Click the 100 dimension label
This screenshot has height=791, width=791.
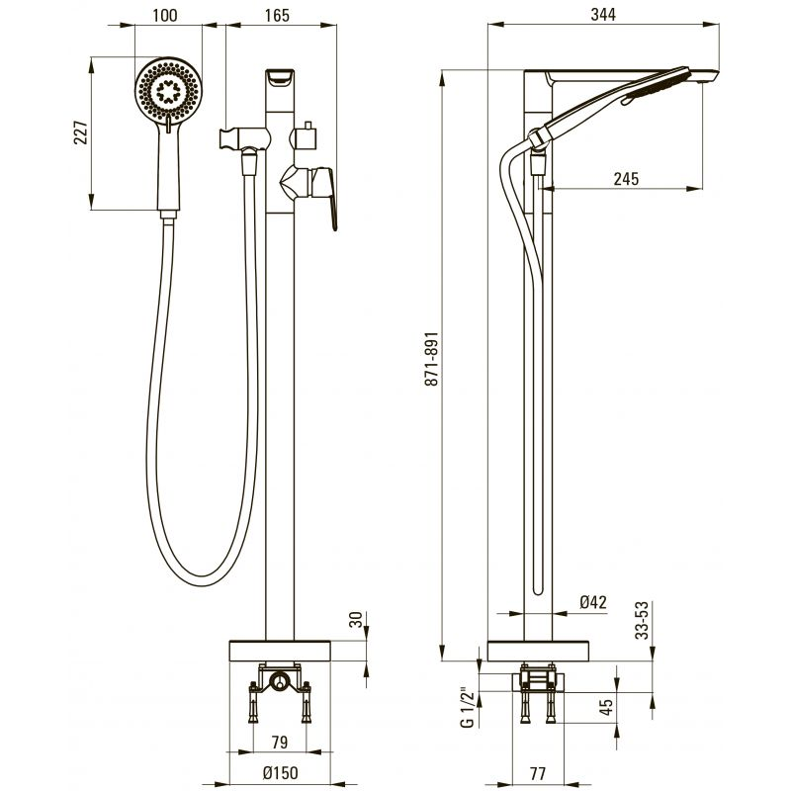click(165, 15)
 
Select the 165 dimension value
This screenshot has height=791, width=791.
click(278, 15)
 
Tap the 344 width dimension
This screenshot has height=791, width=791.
click(603, 14)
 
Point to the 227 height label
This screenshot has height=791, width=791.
click(81, 132)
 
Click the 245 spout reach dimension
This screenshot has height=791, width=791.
click(626, 179)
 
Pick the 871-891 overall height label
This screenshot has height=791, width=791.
click(432, 359)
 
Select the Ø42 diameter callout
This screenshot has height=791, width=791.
click(592, 602)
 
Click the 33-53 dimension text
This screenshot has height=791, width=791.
click(642, 621)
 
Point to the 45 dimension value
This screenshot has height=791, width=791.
click(607, 706)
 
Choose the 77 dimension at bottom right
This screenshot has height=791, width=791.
click(538, 773)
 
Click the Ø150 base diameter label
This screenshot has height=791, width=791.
click(280, 772)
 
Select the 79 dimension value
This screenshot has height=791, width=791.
click(280, 742)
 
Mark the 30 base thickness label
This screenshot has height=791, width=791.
click(356, 619)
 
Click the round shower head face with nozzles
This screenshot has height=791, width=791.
click(168, 91)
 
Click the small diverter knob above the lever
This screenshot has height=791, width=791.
click(306, 135)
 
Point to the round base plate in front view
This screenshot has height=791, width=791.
click(280, 651)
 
